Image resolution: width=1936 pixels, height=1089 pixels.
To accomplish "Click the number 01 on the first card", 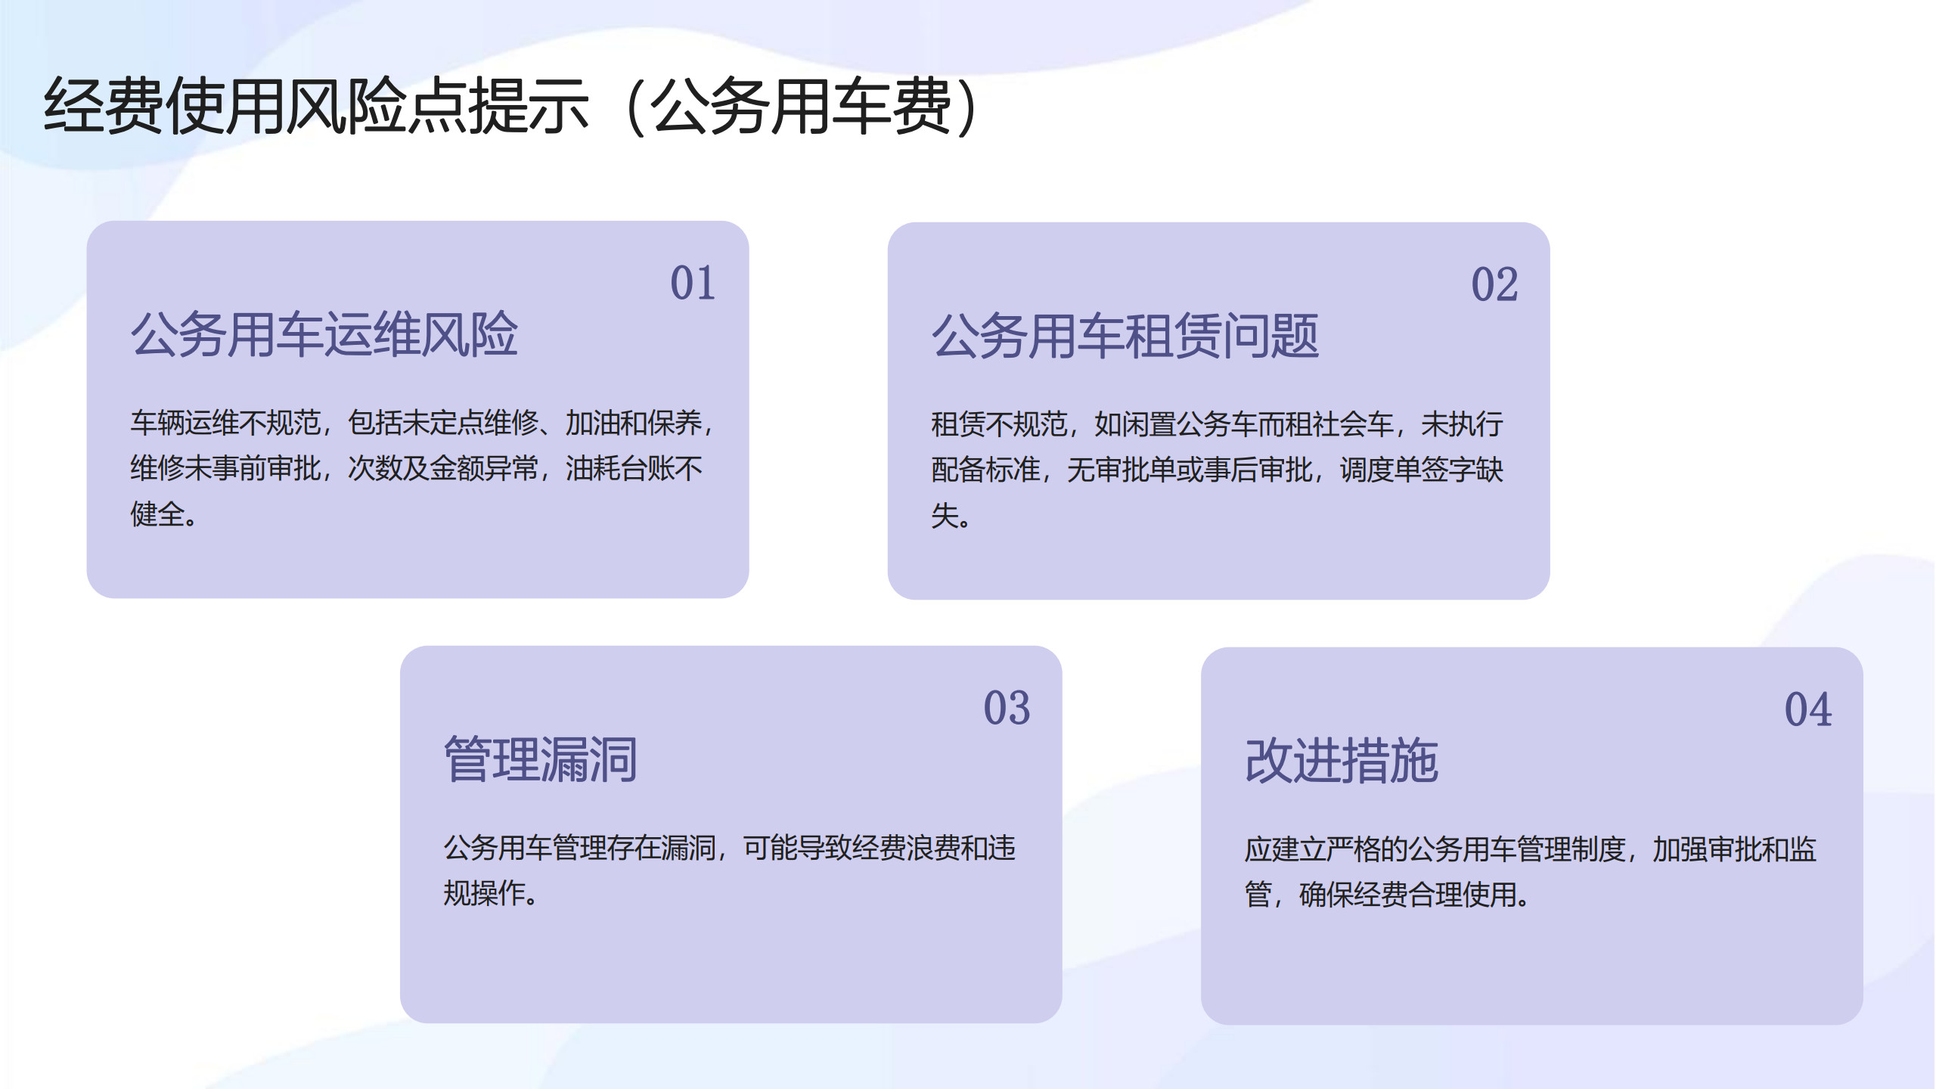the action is (693, 284).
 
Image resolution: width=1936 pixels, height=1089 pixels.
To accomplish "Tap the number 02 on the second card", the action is (1494, 285).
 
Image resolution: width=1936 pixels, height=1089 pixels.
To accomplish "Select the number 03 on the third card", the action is (1007, 709).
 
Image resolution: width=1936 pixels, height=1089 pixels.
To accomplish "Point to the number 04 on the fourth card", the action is (1808, 710).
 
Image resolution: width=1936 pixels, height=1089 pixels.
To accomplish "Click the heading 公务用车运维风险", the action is (324, 334).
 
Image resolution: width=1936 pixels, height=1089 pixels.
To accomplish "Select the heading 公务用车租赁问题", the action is (1125, 336).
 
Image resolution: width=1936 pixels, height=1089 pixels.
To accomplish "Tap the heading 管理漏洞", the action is (541, 759).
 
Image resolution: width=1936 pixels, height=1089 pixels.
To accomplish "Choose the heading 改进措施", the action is (1342, 761).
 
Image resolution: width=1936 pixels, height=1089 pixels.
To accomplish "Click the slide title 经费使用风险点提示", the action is (316, 107).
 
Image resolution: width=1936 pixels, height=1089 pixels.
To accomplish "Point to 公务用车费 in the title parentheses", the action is (802, 107).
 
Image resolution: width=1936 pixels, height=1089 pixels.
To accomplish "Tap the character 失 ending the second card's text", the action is (945, 516).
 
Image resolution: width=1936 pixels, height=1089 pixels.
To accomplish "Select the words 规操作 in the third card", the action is (484, 893).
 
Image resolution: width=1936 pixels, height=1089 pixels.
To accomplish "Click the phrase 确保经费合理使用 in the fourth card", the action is (1407, 895).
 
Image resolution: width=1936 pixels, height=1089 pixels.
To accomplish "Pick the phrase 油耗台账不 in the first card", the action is (634, 469).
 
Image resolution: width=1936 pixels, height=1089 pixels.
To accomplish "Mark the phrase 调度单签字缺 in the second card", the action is (1421, 470).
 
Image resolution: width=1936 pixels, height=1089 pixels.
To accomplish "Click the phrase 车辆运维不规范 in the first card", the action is (225, 423).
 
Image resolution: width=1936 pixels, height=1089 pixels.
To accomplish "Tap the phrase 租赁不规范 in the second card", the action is (999, 424).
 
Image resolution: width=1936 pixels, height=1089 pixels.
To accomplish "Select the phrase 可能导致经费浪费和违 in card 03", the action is (880, 848).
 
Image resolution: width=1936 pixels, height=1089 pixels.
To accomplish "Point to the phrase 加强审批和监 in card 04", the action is (1734, 849).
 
